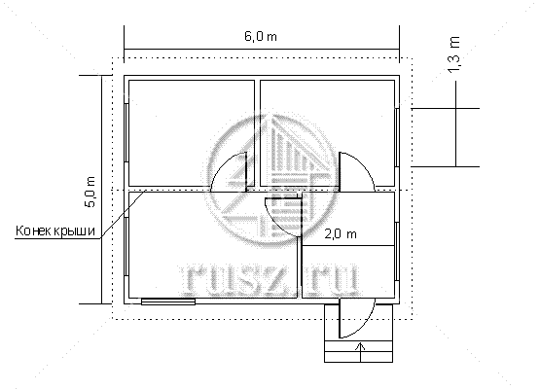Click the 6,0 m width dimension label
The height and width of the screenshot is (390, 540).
[x=261, y=37]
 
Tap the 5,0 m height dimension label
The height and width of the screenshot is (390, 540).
[x=90, y=192]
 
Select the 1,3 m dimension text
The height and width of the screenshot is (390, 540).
[x=454, y=54]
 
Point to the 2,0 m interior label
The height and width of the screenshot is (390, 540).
[x=341, y=234]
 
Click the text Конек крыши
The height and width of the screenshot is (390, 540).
[x=55, y=230]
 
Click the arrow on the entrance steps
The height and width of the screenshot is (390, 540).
[x=361, y=352]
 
